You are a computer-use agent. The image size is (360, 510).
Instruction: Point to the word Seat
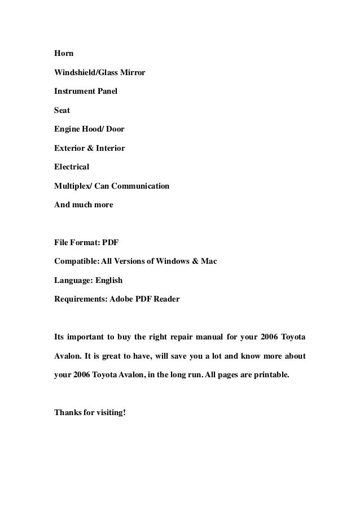tap(62, 111)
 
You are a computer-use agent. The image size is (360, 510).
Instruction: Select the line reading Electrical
tap(72, 167)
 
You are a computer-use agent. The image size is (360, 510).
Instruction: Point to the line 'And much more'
tap(84, 204)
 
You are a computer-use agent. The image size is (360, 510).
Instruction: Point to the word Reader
tap(167, 299)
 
